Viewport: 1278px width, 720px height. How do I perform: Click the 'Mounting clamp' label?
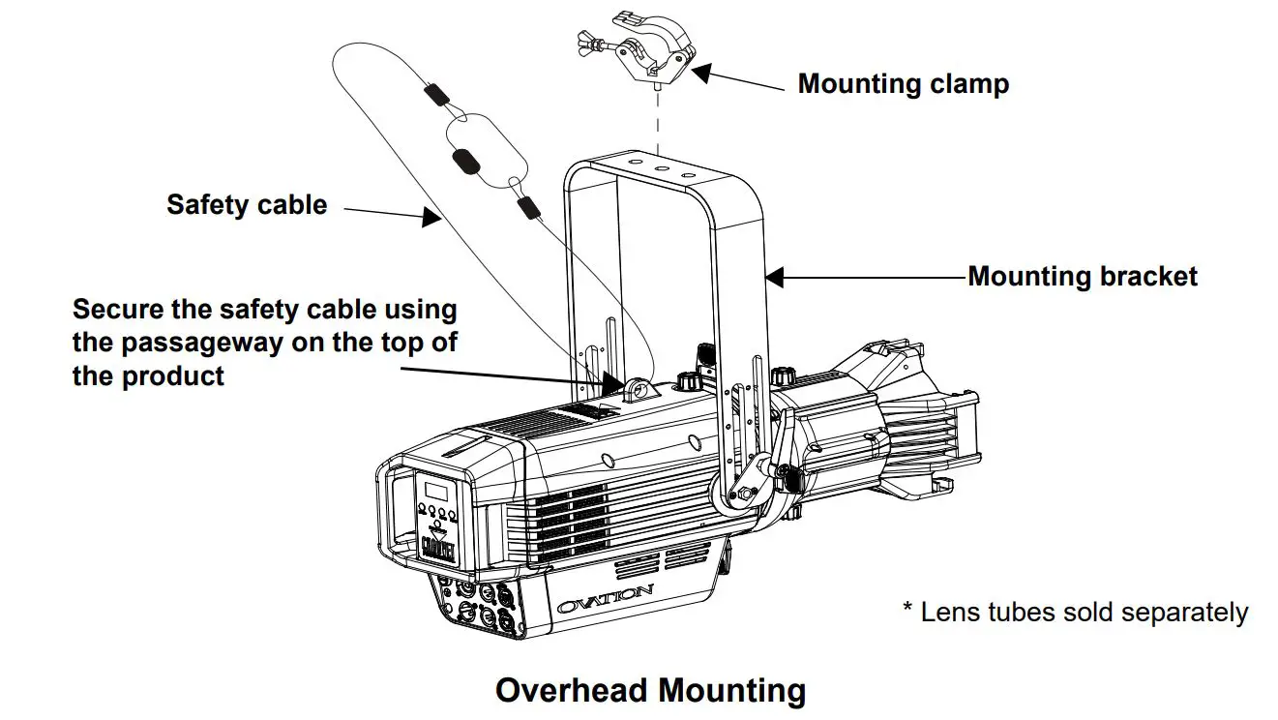point(903,84)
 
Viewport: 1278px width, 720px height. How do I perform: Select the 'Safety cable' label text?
point(247,205)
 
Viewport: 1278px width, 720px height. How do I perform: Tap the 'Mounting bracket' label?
point(1083,277)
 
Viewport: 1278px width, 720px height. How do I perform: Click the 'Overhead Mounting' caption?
point(650,691)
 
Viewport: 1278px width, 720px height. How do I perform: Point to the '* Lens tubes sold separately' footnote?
point(1075,613)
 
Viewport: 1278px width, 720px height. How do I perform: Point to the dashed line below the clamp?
point(659,122)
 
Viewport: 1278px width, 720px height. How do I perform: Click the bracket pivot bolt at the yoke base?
point(743,494)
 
